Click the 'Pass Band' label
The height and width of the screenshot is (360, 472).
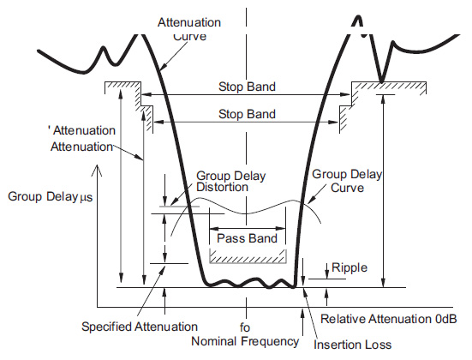[x=247, y=238]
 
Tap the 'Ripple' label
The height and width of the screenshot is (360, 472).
[x=350, y=267]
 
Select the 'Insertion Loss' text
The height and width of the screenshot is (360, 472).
[x=352, y=345]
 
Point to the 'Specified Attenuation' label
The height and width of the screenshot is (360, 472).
[x=140, y=327]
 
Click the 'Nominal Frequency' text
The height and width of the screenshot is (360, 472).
[x=245, y=342]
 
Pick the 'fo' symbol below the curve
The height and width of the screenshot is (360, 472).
[x=245, y=327]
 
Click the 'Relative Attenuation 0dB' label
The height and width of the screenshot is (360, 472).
[x=388, y=319]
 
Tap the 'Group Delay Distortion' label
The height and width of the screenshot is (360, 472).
[x=231, y=182]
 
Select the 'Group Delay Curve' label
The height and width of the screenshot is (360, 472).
[x=347, y=181]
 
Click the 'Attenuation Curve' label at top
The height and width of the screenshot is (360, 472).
[x=189, y=28]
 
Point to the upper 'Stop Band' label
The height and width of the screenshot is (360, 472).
[x=247, y=87]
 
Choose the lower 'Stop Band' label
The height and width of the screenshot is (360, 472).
[x=247, y=114]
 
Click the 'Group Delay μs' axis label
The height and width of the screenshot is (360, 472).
[x=51, y=197]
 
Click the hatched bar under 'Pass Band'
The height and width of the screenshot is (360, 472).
[x=248, y=256]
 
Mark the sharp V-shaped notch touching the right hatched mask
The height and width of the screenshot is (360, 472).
[x=381, y=81]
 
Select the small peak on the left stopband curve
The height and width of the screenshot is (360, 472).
[x=104, y=48]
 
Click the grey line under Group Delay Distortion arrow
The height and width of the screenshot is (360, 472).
[x=179, y=207]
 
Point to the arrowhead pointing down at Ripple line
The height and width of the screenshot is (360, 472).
[x=327, y=276]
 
